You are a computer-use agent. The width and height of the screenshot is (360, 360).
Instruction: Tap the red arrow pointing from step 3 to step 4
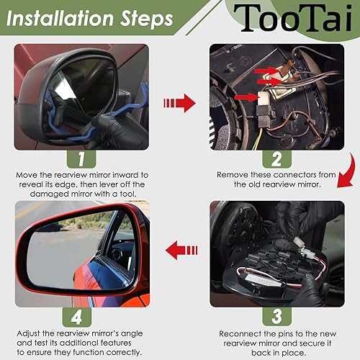pyautogui.click(x=179, y=251)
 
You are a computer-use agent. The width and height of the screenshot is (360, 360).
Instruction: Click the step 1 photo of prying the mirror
pyautogui.click(x=81, y=97)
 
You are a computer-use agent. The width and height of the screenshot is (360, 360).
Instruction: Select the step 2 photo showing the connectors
pyautogui.click(x=276, y=97)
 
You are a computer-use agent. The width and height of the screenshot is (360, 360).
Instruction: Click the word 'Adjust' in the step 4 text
pyautogui.click(x=30, y=333)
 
